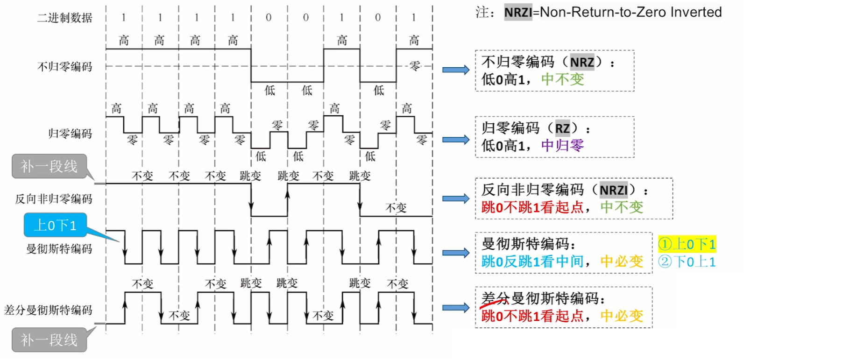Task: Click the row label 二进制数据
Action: [64, 18]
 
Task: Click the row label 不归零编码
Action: [64, 67]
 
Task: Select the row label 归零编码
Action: [70, 134]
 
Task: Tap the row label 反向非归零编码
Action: [54, 199]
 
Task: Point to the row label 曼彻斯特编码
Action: [59, 249]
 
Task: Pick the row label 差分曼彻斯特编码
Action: [48, 310]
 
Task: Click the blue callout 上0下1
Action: [55, 225]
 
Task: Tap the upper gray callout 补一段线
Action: [49, 166]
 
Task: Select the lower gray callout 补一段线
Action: [49, 339]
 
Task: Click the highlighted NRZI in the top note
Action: [518, 12]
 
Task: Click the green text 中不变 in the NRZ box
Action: [562, 79]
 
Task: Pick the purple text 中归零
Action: [562, 146]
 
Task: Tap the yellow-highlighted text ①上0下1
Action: [687, 244]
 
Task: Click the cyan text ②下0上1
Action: [687, 261]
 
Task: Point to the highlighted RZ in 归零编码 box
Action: [562, 128]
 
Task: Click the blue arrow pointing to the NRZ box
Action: [455, 70]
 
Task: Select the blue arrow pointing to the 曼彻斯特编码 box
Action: [455, 253]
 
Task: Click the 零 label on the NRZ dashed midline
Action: [415, 66]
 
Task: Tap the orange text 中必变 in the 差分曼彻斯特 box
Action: [622, 316]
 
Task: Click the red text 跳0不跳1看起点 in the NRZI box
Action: [533, 207]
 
